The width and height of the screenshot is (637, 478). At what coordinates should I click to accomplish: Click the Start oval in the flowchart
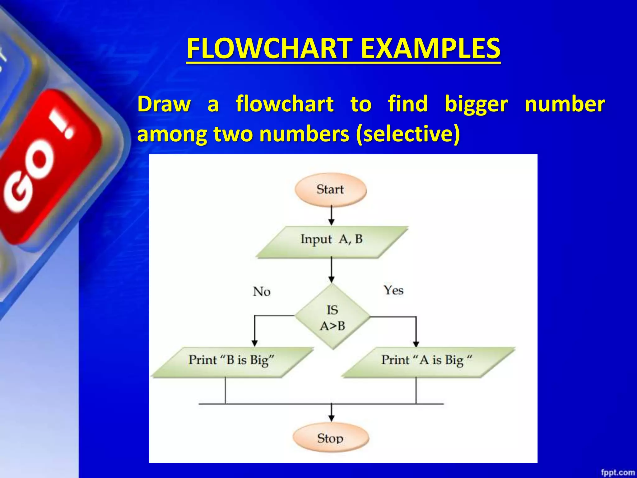point(331,190)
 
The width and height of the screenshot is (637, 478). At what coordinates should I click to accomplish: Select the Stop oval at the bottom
point(331,438)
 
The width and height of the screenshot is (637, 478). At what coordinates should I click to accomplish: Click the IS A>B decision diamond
point(332,317)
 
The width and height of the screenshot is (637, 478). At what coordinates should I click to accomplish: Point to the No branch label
point(262,292)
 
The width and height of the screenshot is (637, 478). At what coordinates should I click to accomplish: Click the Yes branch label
point(393,290)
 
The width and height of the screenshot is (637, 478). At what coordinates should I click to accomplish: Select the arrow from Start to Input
point(332,215)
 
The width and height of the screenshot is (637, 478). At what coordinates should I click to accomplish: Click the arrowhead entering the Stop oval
point(332,418)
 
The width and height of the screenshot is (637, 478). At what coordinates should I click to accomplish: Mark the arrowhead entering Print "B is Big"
point(254,343)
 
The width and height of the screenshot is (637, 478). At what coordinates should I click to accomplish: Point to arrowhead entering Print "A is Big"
point(416,343)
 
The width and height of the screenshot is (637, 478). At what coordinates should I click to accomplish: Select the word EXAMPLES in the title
point(430,49)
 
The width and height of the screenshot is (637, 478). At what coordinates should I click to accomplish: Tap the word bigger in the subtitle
point(476,104)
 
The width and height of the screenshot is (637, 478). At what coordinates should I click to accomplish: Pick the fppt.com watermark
point(618,472)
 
